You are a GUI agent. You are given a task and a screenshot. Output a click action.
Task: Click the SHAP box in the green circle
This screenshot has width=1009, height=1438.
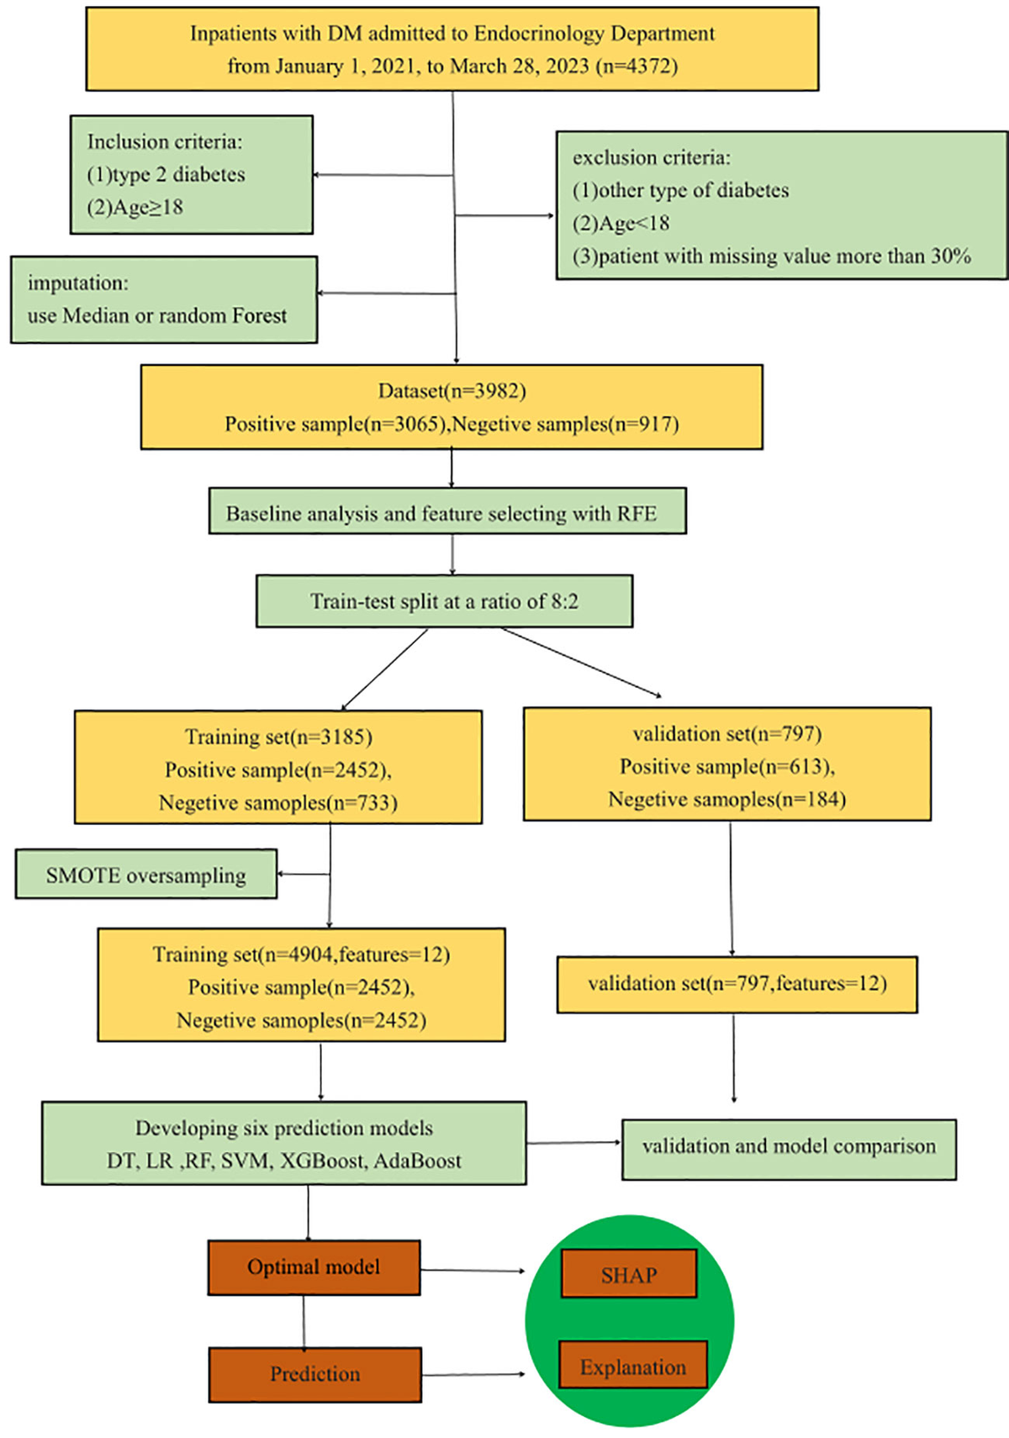[629, 1275]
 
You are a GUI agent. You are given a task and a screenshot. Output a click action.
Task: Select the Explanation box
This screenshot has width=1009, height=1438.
[632, 1367]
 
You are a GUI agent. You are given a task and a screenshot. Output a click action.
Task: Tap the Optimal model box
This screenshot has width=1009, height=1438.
[314, 1267]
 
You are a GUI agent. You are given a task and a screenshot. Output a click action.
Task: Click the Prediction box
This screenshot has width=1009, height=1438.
[314, 1374]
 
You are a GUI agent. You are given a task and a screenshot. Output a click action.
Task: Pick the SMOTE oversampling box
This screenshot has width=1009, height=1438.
[145, 875]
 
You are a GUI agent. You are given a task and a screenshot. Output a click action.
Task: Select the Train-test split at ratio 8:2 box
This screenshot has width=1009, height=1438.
[444, 601]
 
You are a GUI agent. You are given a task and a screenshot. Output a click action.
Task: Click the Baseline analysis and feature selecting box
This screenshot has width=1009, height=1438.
[447, 512]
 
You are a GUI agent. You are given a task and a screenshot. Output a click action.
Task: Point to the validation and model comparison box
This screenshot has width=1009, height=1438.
[789, 1147]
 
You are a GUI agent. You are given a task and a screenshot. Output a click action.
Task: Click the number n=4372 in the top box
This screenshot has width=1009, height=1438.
[637, 66]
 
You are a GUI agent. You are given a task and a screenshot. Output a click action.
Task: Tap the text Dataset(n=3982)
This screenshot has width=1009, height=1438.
[452, 391]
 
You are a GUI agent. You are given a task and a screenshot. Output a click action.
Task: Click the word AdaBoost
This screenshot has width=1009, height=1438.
[417, 1161]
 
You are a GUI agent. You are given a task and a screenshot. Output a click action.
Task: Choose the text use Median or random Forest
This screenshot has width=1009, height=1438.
[157, 316]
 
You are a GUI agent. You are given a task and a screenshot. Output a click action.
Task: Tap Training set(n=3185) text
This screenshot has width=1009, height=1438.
[278, 737]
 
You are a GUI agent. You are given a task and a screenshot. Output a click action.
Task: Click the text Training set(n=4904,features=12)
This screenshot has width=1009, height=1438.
[301, 954]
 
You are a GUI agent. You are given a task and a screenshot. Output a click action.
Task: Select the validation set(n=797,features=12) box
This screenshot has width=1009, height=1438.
[737, 984]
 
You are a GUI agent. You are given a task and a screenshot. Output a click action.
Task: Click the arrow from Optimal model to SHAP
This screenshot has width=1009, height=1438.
[473, 1271]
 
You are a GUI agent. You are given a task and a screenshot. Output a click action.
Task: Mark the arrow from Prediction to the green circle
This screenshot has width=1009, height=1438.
[473, 1374]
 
